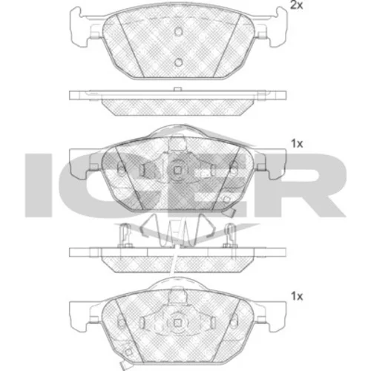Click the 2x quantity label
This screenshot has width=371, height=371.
pyautogui.click(x=296, y=5)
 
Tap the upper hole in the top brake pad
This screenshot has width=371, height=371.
pyautogui.click(x=178, y=31)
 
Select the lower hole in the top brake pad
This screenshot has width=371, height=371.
pyautogui.click(x=178, y=62)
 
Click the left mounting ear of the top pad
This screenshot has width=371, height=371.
pyautogui.click(x=79, y=27)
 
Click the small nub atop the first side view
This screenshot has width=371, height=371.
pyautogui.click(x=177, y=89)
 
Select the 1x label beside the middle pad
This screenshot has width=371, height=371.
pyautogui.click(x=297, y=143)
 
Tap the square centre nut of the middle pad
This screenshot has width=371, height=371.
pyautogui.click(x=177, y=170)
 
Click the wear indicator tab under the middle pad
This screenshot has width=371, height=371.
pyautogui.click(x=232, y=213)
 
